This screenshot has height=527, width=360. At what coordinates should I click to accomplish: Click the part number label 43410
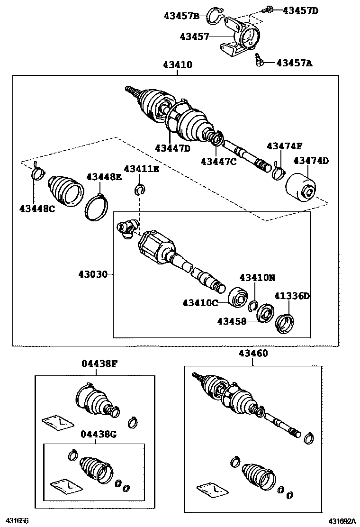178,65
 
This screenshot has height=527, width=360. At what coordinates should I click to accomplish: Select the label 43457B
181,16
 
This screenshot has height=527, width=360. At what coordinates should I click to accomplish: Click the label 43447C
218,161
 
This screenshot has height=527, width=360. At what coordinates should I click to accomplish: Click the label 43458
232,322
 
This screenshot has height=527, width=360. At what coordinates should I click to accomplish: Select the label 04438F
99,364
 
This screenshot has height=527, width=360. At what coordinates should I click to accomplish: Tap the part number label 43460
253,353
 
